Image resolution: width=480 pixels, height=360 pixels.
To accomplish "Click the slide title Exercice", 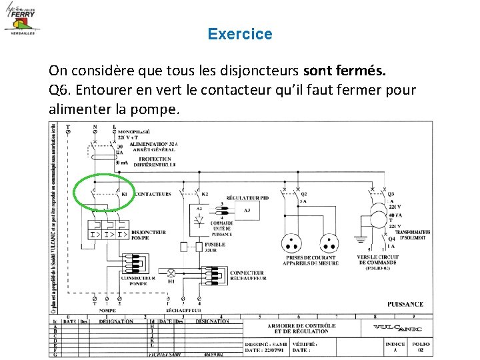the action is [239, 34].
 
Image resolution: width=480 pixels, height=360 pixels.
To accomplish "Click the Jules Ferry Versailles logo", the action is [22, 19].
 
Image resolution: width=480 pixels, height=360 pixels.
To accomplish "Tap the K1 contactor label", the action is [125, 194].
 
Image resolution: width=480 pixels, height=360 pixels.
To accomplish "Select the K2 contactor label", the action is [205, 194].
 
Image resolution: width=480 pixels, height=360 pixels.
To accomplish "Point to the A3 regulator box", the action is [247, 211].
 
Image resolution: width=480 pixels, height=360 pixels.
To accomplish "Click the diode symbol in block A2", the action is [199, 220].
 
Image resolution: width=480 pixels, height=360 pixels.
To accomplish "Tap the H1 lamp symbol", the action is [171, 273].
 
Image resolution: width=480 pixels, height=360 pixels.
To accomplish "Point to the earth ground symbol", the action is [360, 239].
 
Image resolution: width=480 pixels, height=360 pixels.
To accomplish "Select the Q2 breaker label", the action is [304, 194].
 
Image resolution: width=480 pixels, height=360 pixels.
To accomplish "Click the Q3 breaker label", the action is [391, 195].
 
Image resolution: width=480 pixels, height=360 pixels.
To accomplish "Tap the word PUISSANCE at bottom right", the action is [405, 304].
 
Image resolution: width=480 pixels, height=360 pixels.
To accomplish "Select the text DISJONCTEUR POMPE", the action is [149, 235].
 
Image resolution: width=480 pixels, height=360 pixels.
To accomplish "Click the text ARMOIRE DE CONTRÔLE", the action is [302, 326].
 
